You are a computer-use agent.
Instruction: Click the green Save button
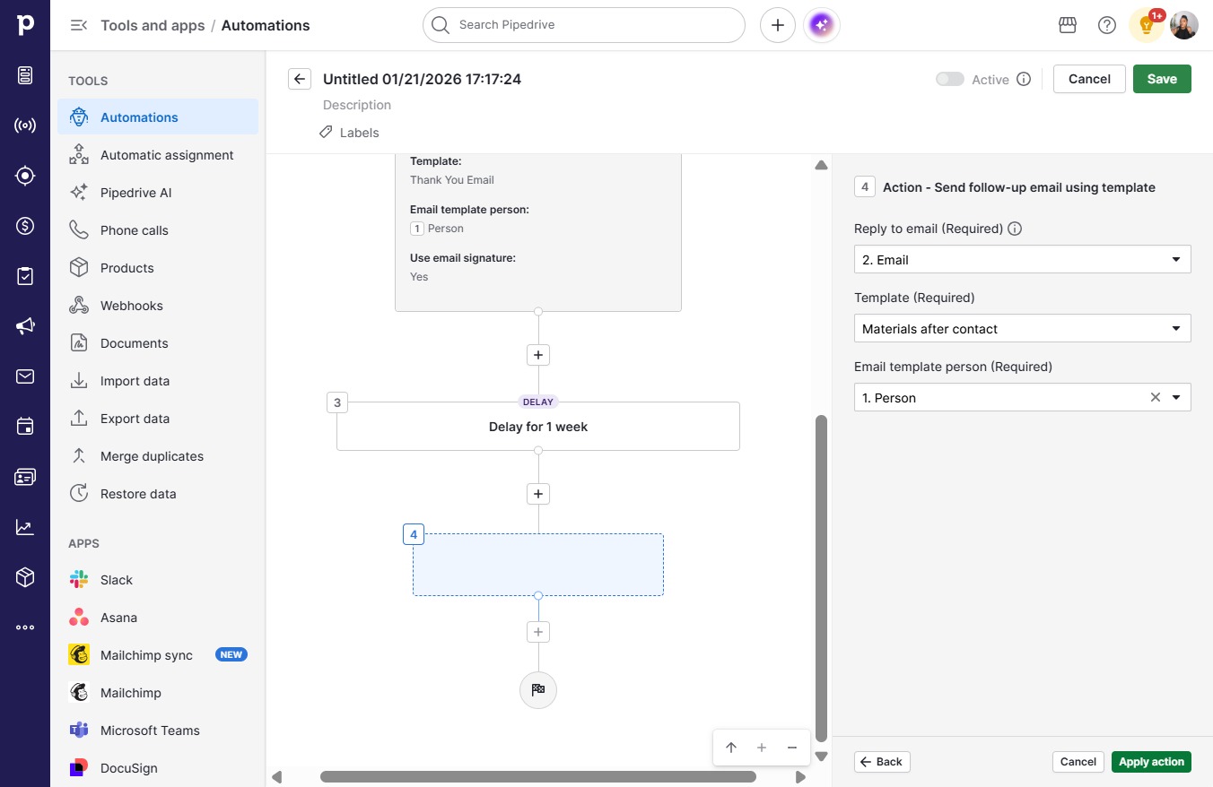pyautogui.click(x=1162, y=79)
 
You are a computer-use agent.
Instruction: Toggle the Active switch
pyautogui.click(x=950, y=79)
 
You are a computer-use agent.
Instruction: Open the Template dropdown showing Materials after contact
pyautogui.click(x=1022, y=328)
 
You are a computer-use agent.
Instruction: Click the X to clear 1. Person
pyautogui.click(x=1155, y=398)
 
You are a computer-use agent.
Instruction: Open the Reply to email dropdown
pyautogui.click(x=1022, y=259)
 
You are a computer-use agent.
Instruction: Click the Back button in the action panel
pyautogui.click(x=882, y=762)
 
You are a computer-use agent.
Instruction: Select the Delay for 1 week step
pyautogui.click(x=537, y=427)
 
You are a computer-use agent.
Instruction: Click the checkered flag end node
pyautogui.click(x=537, y=689)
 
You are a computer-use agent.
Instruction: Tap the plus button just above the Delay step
pyautogui.click(x=537, y=355)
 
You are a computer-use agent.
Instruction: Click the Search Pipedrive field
pyautogui.click(x=583, y=25)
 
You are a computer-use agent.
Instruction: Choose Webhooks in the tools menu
pyautogui.click(x=132, y=306)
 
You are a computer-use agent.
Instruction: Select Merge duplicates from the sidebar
pyautogui.click(x=152, y=456)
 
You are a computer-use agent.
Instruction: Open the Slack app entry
pyautogui.click(x=117, y=580)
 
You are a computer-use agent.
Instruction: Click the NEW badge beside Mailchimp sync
pyautogui.click(x=231, y=654)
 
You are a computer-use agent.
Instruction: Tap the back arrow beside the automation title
pyautogui.click(x=300, y=79)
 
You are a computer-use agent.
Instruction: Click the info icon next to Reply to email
pyautogui.click(x=1014, y=229)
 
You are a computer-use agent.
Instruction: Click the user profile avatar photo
pyautogui.click(x=1183, y=25)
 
